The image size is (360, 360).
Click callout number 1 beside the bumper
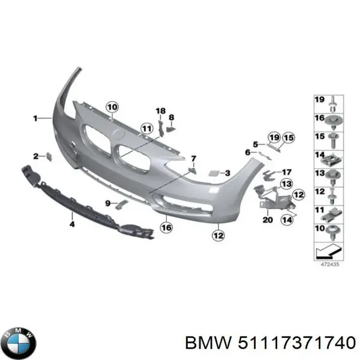coord(35,119)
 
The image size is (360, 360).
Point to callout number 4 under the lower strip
coord(72,224)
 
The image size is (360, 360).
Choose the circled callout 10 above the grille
coord(112,107)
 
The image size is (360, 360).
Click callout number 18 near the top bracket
coord(160,111)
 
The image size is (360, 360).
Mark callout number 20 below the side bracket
coord(267,220)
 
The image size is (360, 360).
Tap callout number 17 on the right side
coord(286,172)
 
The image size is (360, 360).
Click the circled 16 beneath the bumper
coord(166,227)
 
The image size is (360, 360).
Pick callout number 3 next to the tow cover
coord(227,173)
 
